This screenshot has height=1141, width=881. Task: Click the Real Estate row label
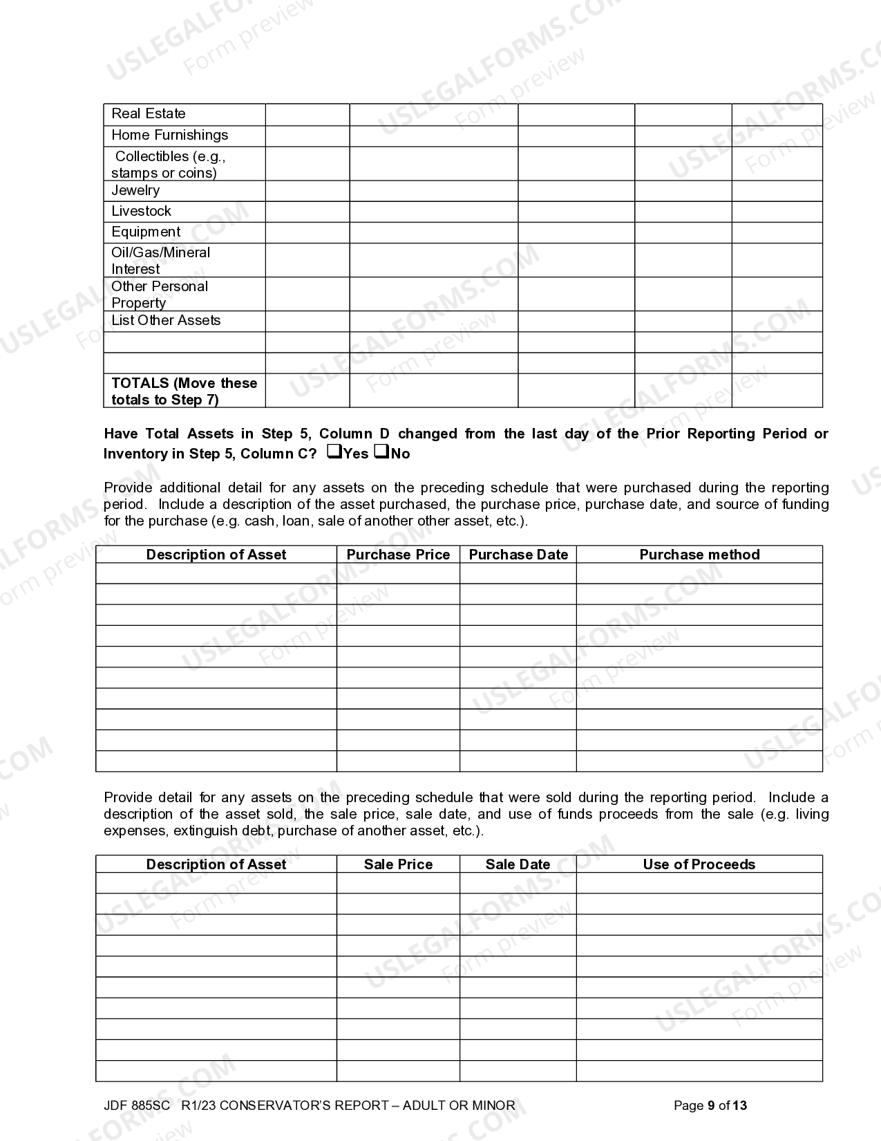[x=149, y=114]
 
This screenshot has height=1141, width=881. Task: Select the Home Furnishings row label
[x=169, y=136]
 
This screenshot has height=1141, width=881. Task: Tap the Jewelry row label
[x=135, y=191]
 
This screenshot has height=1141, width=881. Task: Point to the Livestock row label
[x=141, y=212]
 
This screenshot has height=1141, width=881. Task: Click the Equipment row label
[x=146, y=232]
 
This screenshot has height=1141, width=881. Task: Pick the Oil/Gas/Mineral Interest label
[x=160, y=261]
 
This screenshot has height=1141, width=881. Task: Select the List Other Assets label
[x=166, y=321]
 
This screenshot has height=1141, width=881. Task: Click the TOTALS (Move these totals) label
[x=184, y=391]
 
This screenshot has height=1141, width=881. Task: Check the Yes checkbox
[x=334, y=452]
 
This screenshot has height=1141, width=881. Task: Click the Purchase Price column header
[x=398, y=555]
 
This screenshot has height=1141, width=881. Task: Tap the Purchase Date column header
[x=518, y=555]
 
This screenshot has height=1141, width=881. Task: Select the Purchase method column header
[x=699, y=555]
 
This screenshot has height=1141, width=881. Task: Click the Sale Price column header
[x=398, y=864]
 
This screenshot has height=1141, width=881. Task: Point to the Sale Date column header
[x=518, y=864]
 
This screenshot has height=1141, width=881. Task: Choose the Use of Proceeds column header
[x=699, y=864]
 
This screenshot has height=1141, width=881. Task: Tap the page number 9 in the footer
[x=711, y=1106]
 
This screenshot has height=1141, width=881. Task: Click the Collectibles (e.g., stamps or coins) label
[x=169, y=165]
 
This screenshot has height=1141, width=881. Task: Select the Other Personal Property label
[x=160, y=295]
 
